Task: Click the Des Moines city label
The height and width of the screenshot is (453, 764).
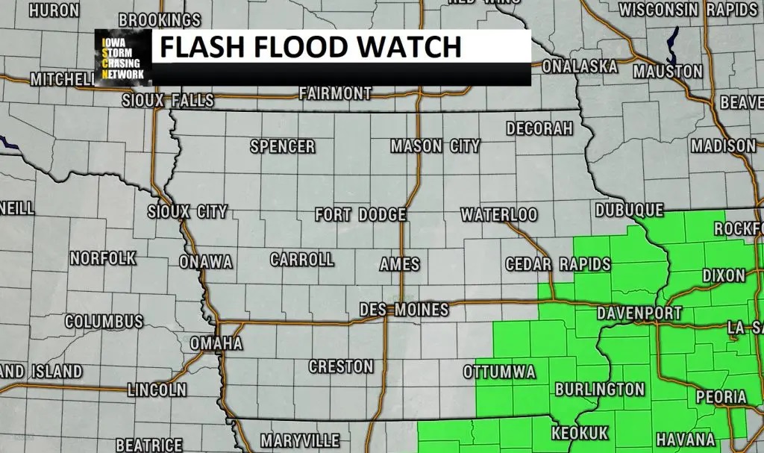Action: pos(404,309)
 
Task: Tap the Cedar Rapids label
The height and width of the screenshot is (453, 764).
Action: pos(557,264)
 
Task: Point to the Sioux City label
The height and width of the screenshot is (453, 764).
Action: pos(187,212)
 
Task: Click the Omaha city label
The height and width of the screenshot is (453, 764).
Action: pos(216,343)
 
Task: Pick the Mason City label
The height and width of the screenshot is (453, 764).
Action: pos(435,146)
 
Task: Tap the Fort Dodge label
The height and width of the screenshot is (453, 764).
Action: pos(360,215)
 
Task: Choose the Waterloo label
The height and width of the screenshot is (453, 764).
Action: pos(498,215)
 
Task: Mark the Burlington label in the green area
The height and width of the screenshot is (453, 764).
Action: pos(599,390)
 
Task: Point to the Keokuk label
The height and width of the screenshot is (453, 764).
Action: pos(580,433)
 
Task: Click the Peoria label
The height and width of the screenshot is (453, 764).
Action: pos(721,397)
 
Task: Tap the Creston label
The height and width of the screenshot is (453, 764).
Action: pos(341,366)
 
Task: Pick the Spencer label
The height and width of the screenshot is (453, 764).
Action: pos(282,146)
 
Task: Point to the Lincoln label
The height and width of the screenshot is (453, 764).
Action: pos(157,390)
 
